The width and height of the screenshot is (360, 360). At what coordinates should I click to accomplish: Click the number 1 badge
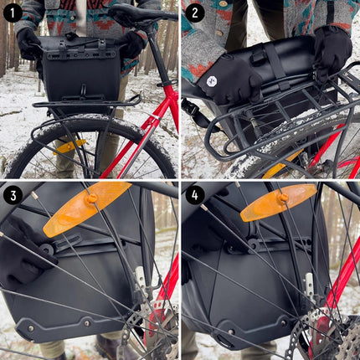coord(13,13)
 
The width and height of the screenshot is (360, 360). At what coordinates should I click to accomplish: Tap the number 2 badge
coord(195,13)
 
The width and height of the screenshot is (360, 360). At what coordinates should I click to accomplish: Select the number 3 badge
coord(13,195)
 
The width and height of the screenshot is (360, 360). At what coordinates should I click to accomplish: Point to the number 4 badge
coord(195,195)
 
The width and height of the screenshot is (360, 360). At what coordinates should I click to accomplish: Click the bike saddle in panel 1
coord(142,13)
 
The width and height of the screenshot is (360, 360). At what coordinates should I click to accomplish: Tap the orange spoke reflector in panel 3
coord(86,208)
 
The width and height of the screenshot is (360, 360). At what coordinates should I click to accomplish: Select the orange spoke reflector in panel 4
coord(278,202)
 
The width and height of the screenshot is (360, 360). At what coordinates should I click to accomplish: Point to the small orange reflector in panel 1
coord(70,146)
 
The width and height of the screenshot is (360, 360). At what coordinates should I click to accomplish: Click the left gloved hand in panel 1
coord(29,42)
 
